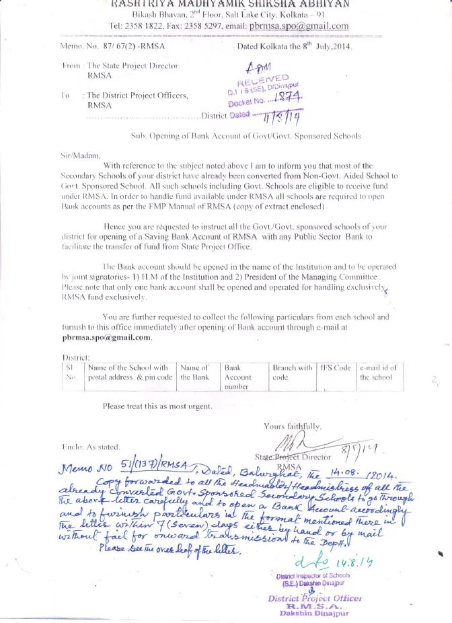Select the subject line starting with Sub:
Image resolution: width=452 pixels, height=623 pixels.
[x=245, y=136]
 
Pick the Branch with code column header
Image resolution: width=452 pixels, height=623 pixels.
[x=292, y=372]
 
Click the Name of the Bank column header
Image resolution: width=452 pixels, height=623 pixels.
[x=194, y=373]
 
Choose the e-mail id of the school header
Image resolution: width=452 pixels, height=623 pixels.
[x=378, y=373]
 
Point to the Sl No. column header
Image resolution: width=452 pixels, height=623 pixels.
[x=71, y=373]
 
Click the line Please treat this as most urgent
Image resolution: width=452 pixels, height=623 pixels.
[x=157, y=406]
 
